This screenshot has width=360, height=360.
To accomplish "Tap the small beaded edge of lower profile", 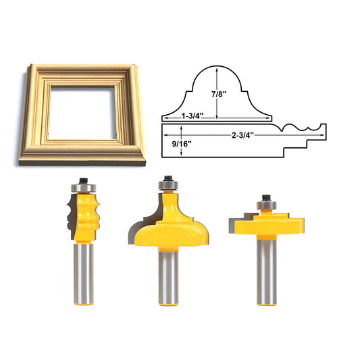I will coord(297,126).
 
